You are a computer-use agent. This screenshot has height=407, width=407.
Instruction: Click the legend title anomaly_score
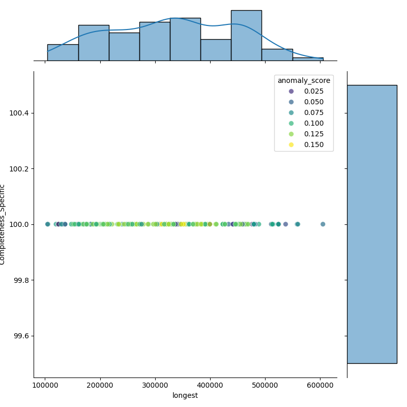point(304,80)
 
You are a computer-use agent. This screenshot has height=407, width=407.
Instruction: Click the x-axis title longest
point(185,395)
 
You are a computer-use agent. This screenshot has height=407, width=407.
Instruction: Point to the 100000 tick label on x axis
point(45,386)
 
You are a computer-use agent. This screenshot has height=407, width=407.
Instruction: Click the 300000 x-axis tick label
point(155,386)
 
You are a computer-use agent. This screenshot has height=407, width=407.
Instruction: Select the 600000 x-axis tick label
point(321,386)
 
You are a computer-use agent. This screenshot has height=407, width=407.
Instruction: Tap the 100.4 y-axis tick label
point(19,113)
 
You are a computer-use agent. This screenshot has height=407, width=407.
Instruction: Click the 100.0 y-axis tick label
point(19,224)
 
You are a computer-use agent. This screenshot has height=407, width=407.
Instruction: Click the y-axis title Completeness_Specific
point(3,224)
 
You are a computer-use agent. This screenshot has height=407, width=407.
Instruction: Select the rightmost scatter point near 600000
point(323,224)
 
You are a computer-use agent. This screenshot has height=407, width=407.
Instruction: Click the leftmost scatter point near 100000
point(48,224)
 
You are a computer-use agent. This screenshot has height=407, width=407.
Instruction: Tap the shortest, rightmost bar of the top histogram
point(308,59)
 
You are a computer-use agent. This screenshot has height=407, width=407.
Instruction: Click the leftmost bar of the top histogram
point(63,52)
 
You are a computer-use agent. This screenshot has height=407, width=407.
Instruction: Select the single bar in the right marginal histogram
point(372,224)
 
